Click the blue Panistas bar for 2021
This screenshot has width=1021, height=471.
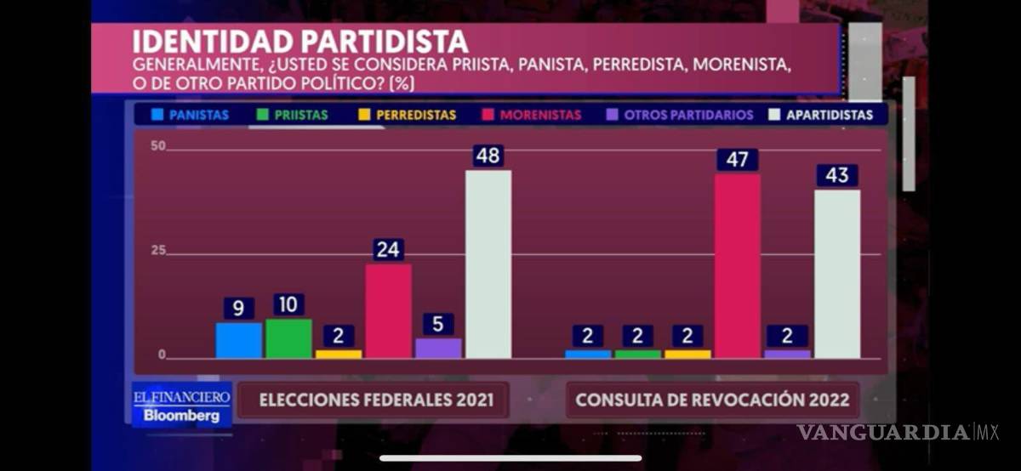pos(238,340)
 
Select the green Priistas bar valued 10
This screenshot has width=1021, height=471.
pos(288,338)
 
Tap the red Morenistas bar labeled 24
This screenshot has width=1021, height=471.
pos(388,311)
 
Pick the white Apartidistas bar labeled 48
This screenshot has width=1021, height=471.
pos(488,264)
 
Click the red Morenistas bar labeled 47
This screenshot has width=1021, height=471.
pos(737,266)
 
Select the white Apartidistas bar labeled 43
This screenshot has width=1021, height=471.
pos(837,274)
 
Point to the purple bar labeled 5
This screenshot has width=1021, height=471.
pos(438,349)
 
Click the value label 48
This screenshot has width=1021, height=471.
pos(488,156)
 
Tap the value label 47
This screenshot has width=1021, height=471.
pos(737,160)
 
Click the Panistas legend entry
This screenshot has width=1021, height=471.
pos(191,115)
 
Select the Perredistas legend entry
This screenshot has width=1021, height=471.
pos(408,115)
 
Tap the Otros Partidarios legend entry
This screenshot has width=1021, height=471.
pos(680,115)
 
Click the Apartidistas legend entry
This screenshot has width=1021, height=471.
pos(821,115)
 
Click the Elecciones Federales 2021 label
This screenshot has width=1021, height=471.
pos(375,400)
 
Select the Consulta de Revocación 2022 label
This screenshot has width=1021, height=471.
pos(713,400)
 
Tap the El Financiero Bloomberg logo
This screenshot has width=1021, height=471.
pos(181,406)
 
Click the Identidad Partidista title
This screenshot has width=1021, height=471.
pos(300,42)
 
